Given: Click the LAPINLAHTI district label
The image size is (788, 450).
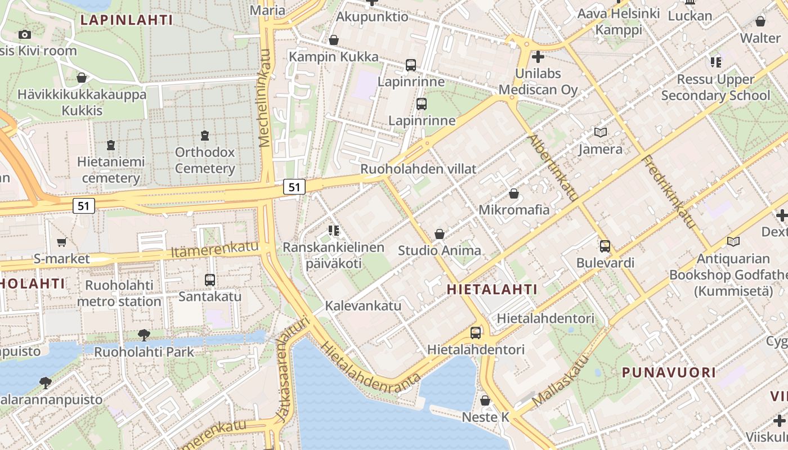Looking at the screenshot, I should (x=126, y=20).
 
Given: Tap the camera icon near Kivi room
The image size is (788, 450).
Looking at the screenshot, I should (x=24, y=35).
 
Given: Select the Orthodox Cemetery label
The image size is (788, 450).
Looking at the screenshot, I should (x=205, y=160).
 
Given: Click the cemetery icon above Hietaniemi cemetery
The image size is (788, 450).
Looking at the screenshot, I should (x=111, y=145).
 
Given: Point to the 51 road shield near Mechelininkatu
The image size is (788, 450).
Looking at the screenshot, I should (x=294, y=187).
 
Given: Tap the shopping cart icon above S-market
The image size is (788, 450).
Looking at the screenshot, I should (x=61, y=242).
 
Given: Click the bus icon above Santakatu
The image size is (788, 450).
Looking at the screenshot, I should (x=210, y=280).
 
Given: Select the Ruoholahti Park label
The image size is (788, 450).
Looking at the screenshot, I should (x=144, y=352).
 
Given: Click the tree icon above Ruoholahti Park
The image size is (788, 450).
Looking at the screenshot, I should (x=144, y=335).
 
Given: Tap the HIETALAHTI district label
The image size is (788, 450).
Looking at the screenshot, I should (x=492, y=290).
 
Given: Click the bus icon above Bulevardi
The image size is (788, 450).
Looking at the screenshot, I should (x=605, y=246).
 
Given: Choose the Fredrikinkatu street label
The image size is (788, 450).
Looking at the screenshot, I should (x=669, y=192).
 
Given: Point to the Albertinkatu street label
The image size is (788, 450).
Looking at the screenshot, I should (x=553, y=168).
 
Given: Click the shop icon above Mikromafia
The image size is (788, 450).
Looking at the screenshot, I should (x=513, y=194).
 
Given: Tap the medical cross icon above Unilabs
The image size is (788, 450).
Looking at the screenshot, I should (x=538, y=57).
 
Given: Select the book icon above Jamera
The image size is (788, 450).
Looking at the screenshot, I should (x=601, y=133).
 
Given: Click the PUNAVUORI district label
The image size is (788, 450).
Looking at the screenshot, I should (x=669, y=372).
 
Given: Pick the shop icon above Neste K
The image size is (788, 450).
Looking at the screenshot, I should (x=485, y=400).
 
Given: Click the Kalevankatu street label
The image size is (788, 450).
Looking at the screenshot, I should (x=363, y=306).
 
